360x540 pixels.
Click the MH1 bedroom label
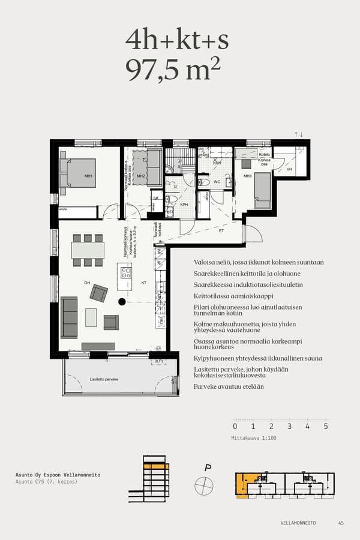tap(88, 176)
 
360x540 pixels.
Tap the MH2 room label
tap(141, 176)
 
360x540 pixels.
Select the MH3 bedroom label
tap(247, 176)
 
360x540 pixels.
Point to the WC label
tap(218, 181)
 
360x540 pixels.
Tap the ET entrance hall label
tap(221, 230)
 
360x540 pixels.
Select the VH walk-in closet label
tap(289, 170)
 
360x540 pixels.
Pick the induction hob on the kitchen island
tap(126, 273)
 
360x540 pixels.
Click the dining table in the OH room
tap(88, 250)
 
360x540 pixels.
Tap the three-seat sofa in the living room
tap(69, 317)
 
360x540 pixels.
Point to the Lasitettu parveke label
tap(104, 379)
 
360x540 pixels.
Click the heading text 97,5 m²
tap(173, 70)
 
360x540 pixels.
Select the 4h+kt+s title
tap(176, 40)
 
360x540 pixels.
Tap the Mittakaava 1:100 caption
tap(254, 438)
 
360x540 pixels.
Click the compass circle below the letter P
tap(204, 484)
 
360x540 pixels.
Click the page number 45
tap(341, 523)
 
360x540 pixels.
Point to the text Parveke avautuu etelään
tap(229, 387)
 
